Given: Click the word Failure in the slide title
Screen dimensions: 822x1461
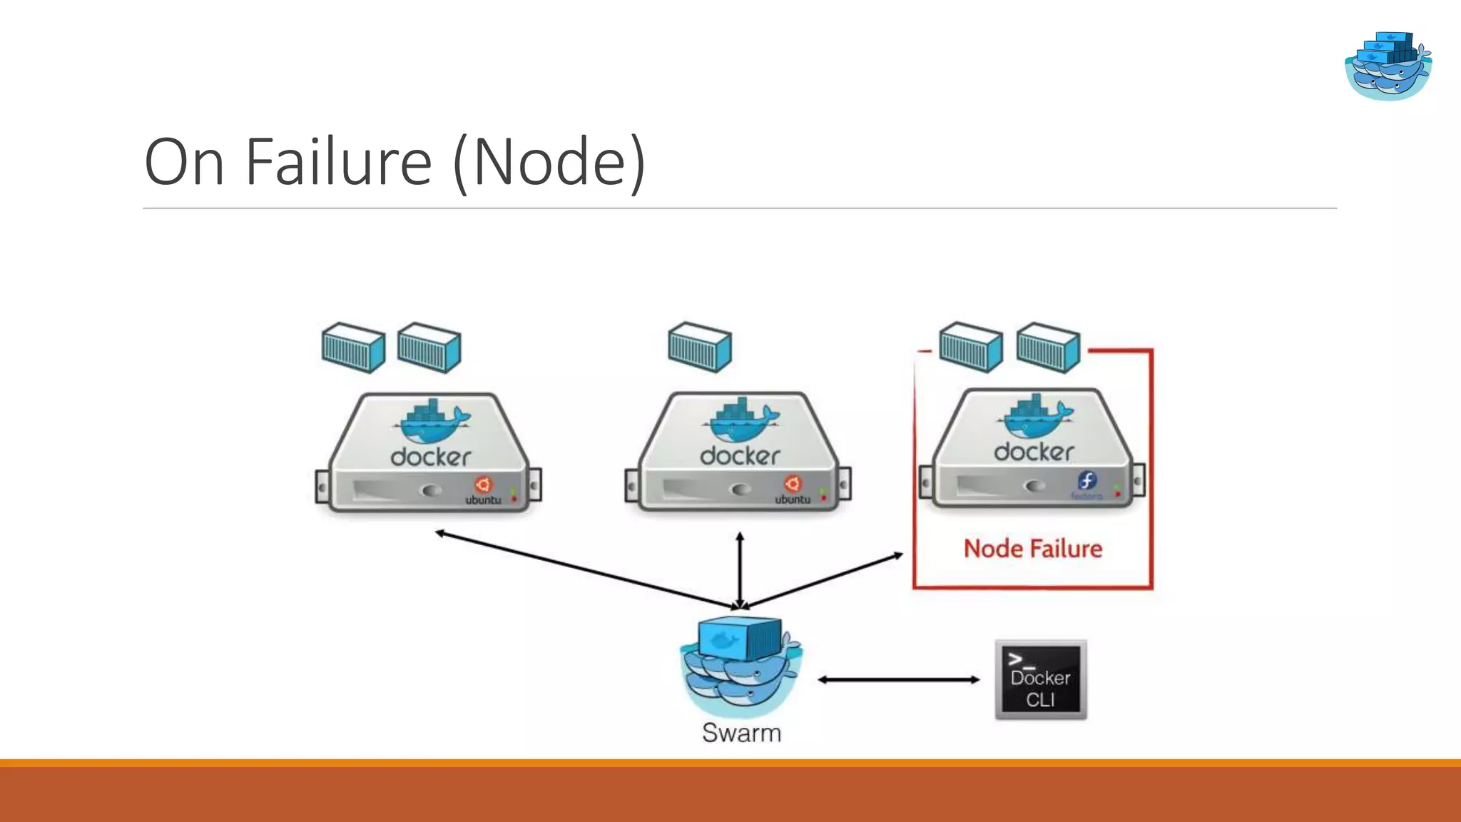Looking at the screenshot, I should (x=338, y=163).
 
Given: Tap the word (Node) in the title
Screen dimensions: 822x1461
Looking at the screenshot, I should (x=549, y=163).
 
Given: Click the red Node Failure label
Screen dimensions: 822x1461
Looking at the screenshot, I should (x=1032, y=549).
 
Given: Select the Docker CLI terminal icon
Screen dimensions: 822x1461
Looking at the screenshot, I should (x=1041, y=680).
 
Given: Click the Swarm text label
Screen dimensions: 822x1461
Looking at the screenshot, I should (x=741, y=733).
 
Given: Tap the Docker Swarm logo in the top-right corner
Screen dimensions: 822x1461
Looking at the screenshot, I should (x=1388, y=66).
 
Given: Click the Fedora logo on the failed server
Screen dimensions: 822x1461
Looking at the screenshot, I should (x=1086, y=481).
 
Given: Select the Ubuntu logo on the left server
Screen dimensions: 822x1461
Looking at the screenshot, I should (x=484, y=485).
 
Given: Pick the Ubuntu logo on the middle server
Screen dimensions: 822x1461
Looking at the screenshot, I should (x=793, y=484).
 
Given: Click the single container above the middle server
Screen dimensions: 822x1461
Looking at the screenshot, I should (x=700, y=347).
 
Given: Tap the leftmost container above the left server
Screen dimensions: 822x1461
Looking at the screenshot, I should (x=353, y=347).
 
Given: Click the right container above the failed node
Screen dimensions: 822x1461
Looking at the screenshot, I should (x=1048, y=347).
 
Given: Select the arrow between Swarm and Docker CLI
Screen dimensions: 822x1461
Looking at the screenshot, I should (x=899, y=680).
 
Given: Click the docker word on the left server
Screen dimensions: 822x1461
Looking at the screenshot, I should (x=431, y=457).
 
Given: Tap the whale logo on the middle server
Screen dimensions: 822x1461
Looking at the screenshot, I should (x=740, y=420).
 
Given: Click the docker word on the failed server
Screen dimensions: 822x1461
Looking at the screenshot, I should (x=1034, y=452).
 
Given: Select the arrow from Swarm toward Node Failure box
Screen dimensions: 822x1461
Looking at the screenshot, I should (x=824, y=580).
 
